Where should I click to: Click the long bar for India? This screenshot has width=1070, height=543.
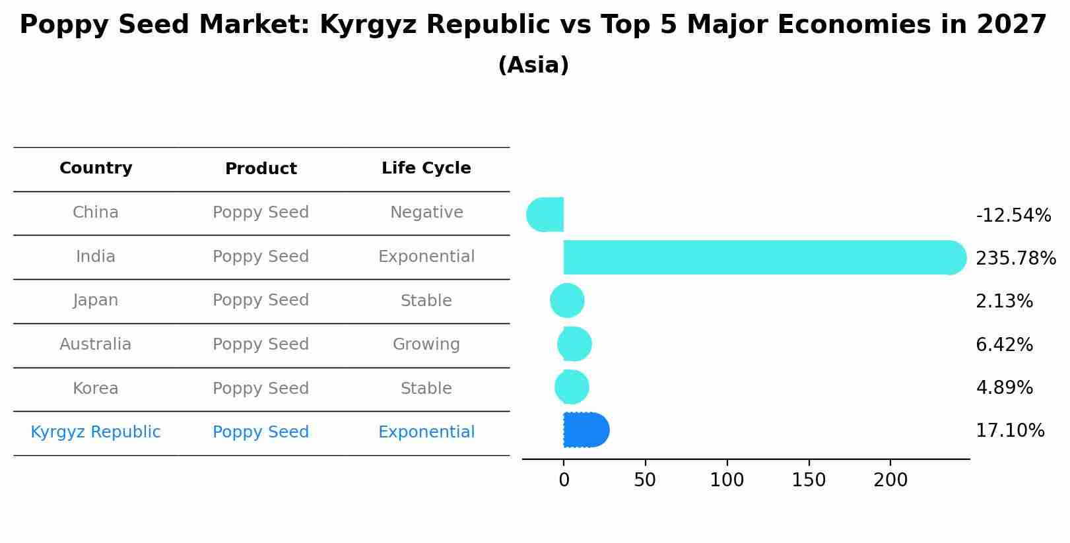point(759,257)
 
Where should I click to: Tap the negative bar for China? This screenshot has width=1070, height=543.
point(547,214)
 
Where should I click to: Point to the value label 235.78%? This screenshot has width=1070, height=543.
point(1015,259)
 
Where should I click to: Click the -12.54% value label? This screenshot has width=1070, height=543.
point(1013,216)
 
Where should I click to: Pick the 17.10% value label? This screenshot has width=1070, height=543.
point(1009,431)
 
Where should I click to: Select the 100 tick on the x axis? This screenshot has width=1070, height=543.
point(727,480)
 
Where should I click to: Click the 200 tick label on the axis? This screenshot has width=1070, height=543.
point(890,480)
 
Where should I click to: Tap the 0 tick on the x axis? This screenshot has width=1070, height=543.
point(564,480)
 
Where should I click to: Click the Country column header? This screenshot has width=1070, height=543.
point(96,168)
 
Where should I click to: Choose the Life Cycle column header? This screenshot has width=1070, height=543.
point(426,168)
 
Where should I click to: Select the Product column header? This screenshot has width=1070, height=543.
point(261,169)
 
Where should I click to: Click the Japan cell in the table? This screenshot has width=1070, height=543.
point(96,300)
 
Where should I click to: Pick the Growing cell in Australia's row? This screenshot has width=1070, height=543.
point(426,344)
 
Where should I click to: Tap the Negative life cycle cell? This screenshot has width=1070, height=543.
point(426,212)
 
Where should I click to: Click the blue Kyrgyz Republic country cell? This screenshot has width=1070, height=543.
point(96,432)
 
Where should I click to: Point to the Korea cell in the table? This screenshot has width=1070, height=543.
point(96,389)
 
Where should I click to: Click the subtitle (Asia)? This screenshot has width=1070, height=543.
point(533,65)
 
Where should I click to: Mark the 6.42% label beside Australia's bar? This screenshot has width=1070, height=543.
point(1004,345)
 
